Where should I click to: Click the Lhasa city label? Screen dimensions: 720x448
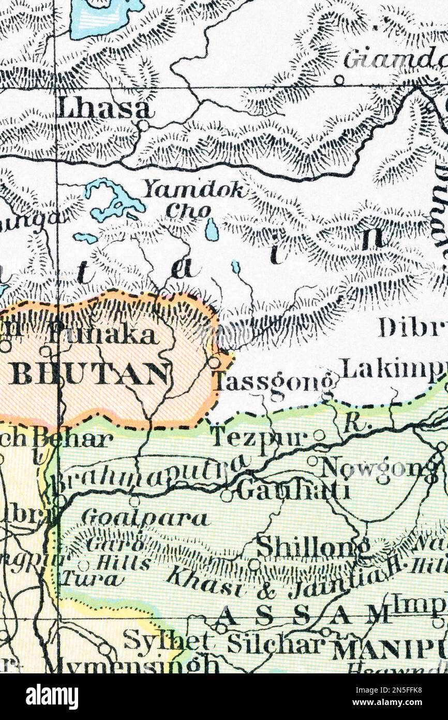105,109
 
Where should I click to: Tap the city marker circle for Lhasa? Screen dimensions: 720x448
143,125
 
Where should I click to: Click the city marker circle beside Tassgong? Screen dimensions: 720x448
214,362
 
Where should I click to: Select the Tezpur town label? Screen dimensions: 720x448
260,438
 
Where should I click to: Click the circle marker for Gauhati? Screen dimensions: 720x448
226,496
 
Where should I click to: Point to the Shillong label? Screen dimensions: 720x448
313,547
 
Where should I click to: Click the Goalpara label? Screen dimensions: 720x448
145,517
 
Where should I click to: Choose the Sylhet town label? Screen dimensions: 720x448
167,641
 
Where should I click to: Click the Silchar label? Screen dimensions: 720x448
275,644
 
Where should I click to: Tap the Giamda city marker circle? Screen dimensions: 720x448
339,80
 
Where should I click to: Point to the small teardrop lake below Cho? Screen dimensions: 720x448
212,229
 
